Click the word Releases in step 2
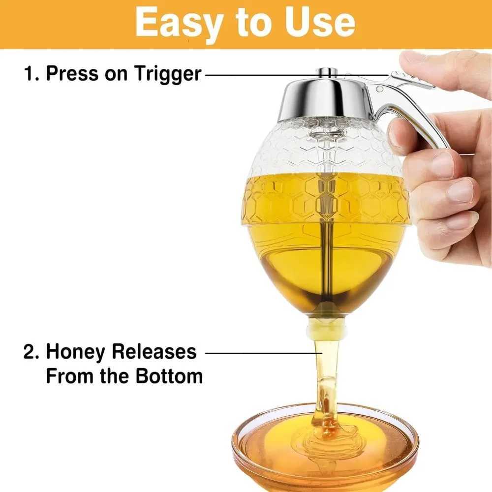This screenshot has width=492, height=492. click(x=154, y=353)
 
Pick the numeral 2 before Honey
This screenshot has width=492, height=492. click(x=30, y=353)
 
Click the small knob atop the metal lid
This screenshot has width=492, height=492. click(x=326, y=72)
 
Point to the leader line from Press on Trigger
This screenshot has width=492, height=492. click(x=295, y=75)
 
